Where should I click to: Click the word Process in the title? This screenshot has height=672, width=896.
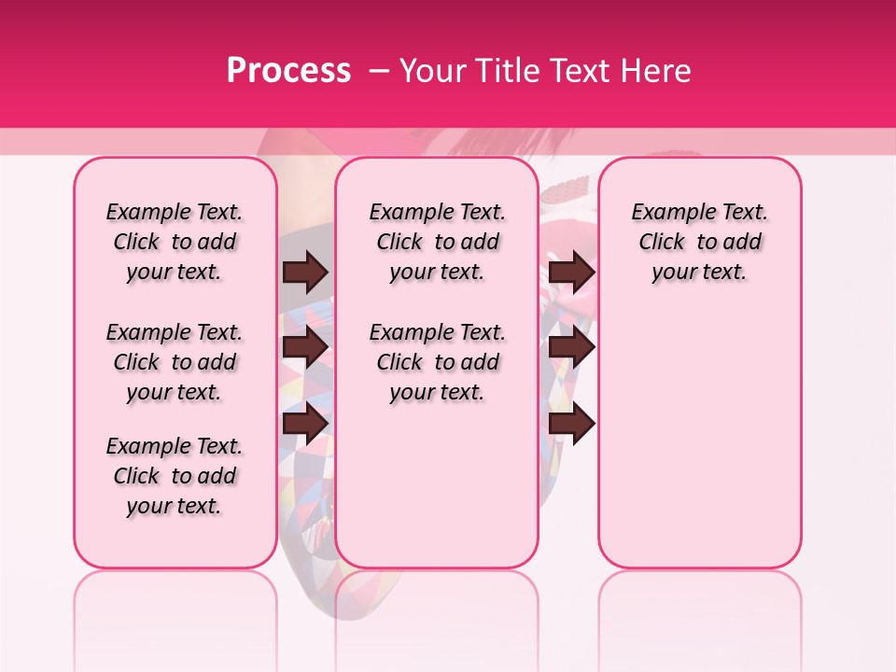(x=288, y=70)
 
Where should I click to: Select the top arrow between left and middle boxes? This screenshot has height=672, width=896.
(x=305, y=273)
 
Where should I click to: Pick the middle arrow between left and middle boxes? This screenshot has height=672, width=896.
(x=305, y=348)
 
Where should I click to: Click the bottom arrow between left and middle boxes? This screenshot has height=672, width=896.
(x=305, y=423)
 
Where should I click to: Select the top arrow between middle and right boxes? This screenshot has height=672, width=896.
(x=572, y=273)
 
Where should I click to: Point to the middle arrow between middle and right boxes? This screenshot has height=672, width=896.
(x=572, y=348)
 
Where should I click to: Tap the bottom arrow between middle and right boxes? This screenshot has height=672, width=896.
(x=572, y=423)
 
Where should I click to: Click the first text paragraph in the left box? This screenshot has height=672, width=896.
(x=175, y=242)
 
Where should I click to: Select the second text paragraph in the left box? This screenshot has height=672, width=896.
(x=175, y=362)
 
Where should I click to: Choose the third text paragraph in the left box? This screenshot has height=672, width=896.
(x=175, y=476)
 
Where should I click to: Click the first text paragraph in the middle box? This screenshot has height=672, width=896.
(x=437, y=242)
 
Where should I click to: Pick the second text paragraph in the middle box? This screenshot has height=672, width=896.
(x=437, y=362)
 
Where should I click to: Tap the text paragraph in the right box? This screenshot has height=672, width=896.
(x=699, y=242)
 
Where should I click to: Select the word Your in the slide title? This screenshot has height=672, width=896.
(x=430, y=70)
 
